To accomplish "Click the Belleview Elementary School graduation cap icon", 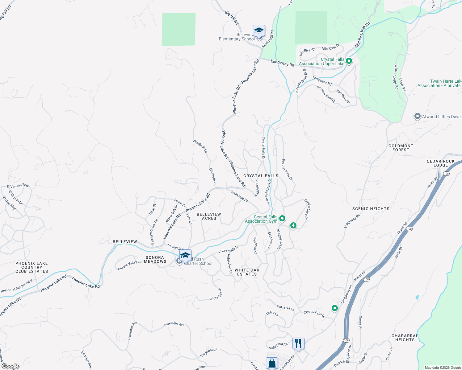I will [x=259, y=31].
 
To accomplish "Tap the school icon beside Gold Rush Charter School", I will [x=185, y=255].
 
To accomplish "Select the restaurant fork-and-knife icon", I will [x=298, y=343].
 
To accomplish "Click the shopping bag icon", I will [x=272, y=363].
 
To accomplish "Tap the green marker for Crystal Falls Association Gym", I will [x=282, y=219].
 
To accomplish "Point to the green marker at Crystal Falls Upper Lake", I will [x=349, y=61].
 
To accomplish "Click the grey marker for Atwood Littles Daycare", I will [x=418, y=117].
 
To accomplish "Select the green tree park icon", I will [x=293, y=225].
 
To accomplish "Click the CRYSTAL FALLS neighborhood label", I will [x=261, y=176].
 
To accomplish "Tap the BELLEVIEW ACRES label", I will [x=209, y=216].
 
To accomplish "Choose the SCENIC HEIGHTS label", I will [x=371, y=209].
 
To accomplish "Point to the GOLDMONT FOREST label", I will [x=401, y=148].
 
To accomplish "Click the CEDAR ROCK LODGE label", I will [x=441, y=163].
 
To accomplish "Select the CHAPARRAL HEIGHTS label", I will [x=405, y=338].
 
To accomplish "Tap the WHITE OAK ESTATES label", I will [x=247, y=272].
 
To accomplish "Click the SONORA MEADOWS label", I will [x=155, y=259].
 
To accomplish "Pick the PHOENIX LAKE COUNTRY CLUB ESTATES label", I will [x=32, y=267].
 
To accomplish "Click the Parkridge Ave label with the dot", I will [x=174, y=324].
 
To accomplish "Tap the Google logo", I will [x=10, y=366].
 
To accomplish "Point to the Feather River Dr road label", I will [x=287, y=170].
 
